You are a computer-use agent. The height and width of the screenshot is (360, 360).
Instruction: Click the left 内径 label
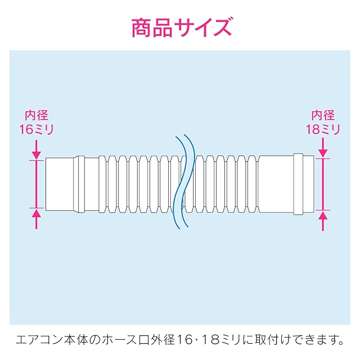click(x=37, y=116)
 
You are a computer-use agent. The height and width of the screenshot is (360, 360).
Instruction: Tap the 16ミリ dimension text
click(x=37, y=129)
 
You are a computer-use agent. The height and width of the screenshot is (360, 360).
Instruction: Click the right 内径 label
click(x=323, y=116)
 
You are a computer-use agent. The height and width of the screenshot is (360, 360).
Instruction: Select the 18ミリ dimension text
click(x=323, y=129)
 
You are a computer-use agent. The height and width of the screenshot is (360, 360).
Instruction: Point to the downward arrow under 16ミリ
click(x=37, y=148)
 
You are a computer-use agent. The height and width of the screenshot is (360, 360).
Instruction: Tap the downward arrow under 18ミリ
click(x=323, y=148)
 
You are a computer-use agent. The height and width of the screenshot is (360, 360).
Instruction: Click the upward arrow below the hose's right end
click(x=323, y=220)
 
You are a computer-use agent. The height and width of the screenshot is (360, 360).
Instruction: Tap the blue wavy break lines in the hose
click(x=183, y=183)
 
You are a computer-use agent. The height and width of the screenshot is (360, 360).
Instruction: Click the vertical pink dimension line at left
click(x=37, y=183)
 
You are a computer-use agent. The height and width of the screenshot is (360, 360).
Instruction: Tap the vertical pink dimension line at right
click(x=323, y=184)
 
